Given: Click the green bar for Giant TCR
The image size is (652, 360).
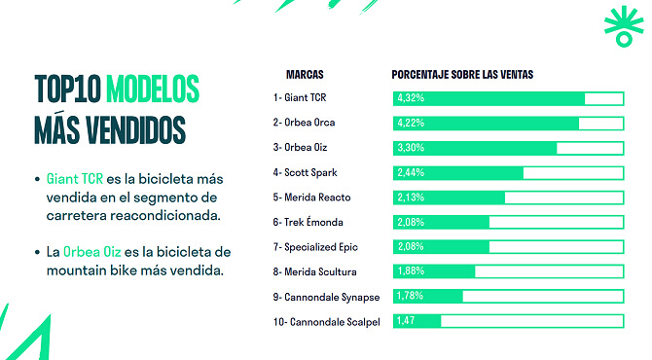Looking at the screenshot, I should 489,98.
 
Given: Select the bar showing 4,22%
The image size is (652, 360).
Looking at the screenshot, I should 486,124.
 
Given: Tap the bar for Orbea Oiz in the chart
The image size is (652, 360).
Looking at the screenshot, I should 475,148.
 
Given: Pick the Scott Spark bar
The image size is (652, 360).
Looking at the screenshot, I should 458,173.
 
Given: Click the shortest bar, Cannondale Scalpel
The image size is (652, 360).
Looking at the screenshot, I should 417,320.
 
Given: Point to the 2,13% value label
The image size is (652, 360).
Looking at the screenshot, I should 410,198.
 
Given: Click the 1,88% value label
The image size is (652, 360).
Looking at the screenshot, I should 410,271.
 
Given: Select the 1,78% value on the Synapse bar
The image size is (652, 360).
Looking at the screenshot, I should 410,296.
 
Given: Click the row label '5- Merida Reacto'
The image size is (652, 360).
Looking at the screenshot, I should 311,198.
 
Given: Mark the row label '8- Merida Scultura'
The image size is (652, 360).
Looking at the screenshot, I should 314,271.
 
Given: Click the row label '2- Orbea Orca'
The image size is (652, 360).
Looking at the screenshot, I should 304,124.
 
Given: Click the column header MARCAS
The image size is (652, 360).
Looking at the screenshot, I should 305,74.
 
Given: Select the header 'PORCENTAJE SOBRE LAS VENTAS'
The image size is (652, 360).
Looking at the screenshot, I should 462,74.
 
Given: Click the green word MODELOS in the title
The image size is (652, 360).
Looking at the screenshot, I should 152,89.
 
